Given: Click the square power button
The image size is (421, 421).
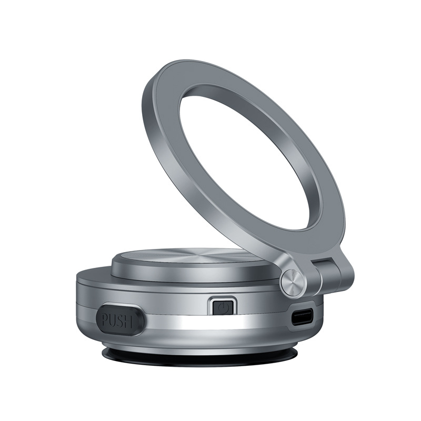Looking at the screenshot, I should click(x=223, y=306).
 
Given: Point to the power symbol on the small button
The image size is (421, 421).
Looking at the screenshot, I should click(x=223, y=306).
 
